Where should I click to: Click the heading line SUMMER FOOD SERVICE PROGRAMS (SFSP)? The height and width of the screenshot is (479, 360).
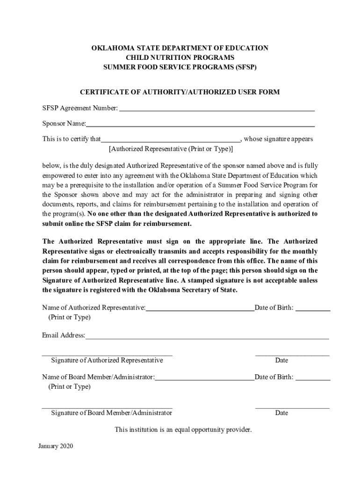[x=180, y=67]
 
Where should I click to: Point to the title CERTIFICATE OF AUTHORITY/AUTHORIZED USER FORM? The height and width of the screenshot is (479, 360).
[x=180, y=92]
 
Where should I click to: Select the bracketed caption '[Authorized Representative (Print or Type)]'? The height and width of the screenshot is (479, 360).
[x=171, y=149]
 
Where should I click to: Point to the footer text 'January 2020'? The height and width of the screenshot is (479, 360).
[x=56, y=446]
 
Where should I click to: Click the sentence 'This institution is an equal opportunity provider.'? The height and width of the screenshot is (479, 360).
[x=183, y=429]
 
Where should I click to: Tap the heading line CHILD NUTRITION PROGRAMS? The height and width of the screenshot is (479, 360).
[x=180, y=58]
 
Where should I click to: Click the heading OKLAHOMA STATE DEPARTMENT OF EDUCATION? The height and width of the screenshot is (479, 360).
[x=180, y=48]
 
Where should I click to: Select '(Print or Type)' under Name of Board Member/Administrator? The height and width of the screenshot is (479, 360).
[x=69, y=387]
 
